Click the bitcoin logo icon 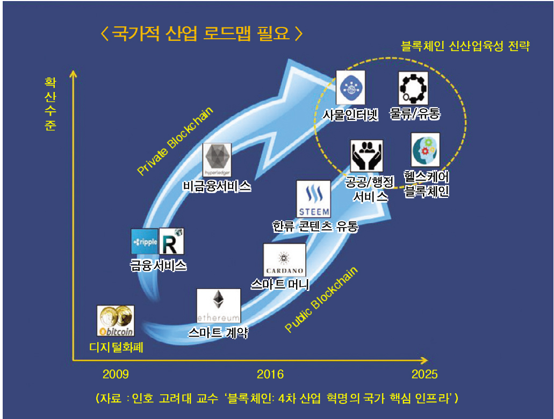pos(116,321)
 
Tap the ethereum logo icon pos(218,306)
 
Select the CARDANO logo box pos(284,260)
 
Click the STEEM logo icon pos(314,198)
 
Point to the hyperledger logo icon pos(218,160)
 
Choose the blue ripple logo pos(145,242)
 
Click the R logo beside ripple pos(172,242)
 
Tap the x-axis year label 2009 pos(116,374)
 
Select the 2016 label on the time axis pos(270,374)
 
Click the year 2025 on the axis pos(425,374)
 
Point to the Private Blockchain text pos(175,141)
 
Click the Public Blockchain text pos(321,300)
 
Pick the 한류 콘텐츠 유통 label pos(315,226)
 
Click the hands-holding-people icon pos(368,156)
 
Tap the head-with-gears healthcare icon pos(425,150)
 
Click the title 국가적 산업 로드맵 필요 pos(202,34)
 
